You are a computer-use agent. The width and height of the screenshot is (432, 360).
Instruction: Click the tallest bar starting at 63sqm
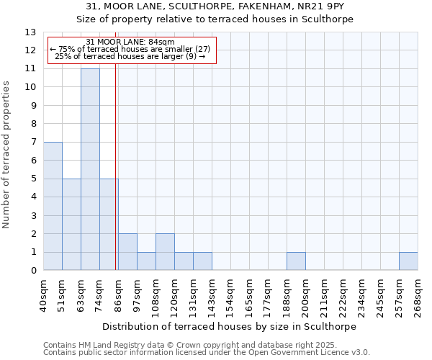tap(90, 169)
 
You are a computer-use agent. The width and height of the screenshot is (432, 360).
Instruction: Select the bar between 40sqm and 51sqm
tap(53, 206)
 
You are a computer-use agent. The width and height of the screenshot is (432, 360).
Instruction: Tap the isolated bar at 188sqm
tap(296, 261)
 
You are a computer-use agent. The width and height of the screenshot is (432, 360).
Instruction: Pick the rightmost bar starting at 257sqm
tap(408, 261)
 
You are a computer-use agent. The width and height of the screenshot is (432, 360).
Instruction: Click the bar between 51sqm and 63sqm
tap(71, 225)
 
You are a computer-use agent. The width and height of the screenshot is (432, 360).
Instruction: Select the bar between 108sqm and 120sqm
tap(165, 252)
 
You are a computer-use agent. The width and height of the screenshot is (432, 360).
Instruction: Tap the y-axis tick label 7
tap(33, 143)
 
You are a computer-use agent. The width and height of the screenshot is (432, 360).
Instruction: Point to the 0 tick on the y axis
tap(33, 271)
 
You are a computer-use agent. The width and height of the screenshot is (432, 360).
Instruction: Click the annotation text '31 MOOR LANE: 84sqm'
tap(130, 42)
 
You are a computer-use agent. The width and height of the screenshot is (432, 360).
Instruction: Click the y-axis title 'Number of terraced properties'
tap(7, 154)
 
